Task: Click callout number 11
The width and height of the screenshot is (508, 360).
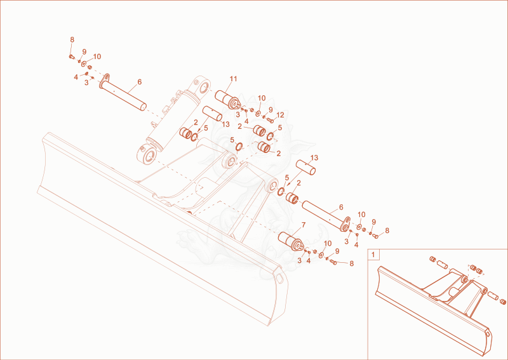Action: point(233,79)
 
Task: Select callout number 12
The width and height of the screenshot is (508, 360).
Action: point(280,115)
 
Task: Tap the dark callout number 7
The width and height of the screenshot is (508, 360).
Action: point(304,225)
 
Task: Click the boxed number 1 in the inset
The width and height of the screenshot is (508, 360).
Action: point(373,255)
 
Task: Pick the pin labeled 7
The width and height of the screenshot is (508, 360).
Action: point(290,241)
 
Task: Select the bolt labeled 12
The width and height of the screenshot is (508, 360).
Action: point(271,121)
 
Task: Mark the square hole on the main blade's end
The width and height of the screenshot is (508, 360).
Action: point(279,277)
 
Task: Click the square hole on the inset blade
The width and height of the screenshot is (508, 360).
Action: point(488,333)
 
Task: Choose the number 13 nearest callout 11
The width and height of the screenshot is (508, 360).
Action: point(225,124)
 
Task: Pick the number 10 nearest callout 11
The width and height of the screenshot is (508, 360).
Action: point(262,98)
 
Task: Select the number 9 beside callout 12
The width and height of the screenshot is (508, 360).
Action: point(271,110)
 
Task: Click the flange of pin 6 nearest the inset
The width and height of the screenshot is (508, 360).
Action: point(345,224)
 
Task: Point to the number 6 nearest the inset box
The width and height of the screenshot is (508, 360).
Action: point(341,207)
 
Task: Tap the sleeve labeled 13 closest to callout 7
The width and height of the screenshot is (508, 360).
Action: point(306,167)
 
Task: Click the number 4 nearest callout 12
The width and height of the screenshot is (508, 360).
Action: point(246,121)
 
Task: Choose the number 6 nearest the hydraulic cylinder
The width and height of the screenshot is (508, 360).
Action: point(139,82)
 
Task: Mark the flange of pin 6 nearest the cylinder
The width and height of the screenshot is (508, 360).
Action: point(104,81)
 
